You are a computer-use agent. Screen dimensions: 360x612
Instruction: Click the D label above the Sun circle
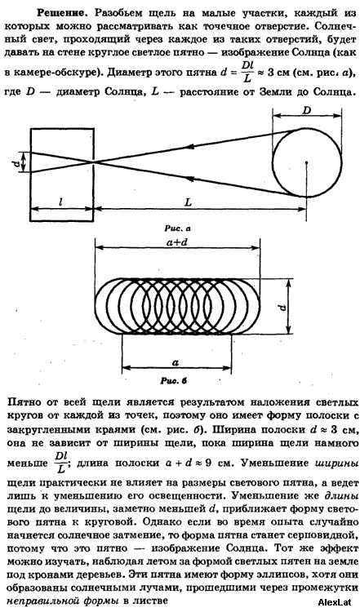[x=307, y=110]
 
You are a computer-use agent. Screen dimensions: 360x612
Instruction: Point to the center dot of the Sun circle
[x=307, y=162]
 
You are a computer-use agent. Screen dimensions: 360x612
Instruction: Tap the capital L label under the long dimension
[x=189, y=202]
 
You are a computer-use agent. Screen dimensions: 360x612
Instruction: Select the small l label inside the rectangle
[x=60, y=202]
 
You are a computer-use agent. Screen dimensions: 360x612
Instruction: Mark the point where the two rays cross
[x=94, y=162]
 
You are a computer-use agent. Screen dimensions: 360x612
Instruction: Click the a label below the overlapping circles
[x=176, y=361]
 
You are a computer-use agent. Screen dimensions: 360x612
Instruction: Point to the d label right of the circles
[x=284, y=306]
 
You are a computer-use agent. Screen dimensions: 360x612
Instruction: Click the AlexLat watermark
[x=334, y=602]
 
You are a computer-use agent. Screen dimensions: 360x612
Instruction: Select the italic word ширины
[x=336, y=464]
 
